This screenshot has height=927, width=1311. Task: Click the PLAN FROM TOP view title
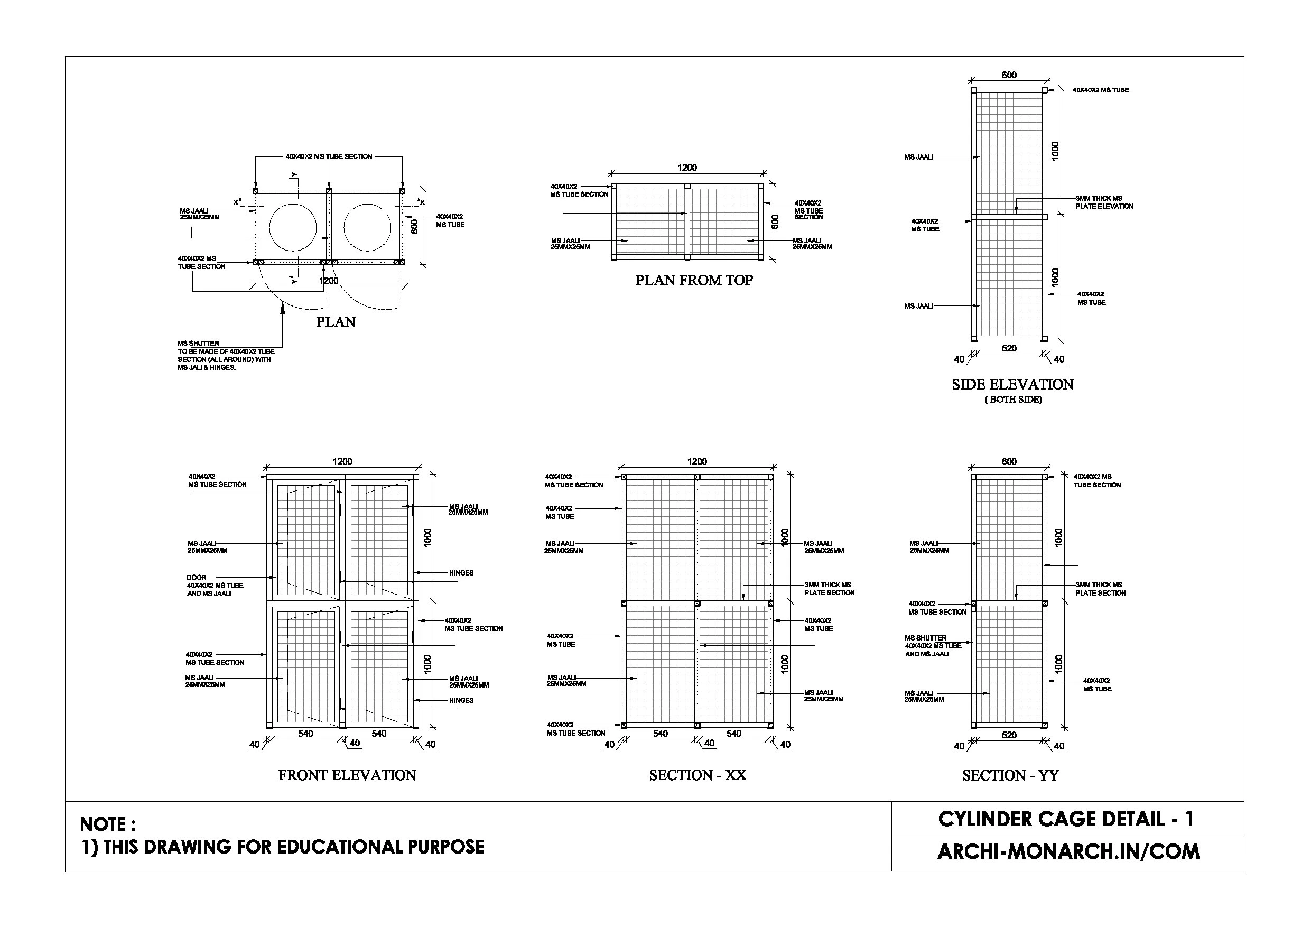point(694,280)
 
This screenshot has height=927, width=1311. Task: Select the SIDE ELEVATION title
point(1012,384)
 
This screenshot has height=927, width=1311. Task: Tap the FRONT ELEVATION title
point(347,775)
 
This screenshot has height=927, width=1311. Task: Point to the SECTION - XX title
point(697,775)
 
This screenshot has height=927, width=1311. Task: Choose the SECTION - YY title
point(1010,775)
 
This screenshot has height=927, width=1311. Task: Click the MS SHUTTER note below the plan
point(226,355)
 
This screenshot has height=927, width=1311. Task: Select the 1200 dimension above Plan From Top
point(687,168)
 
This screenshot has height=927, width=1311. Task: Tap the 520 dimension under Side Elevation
point(1009,348)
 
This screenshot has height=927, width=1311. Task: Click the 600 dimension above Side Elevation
point(1009,75)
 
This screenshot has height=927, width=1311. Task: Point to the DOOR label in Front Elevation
point(197,578)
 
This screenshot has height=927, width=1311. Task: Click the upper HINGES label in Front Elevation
point(461,573)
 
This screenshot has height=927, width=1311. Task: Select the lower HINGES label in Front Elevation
point(461,700)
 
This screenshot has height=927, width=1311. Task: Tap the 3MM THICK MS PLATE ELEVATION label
point(1104,202)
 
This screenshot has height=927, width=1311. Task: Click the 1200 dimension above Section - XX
point(696,461)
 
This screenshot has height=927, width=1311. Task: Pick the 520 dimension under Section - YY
point(1009,735)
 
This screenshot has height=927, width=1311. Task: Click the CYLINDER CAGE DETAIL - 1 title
point(1065,819)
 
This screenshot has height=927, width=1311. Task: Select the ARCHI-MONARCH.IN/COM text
point(1068,851)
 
